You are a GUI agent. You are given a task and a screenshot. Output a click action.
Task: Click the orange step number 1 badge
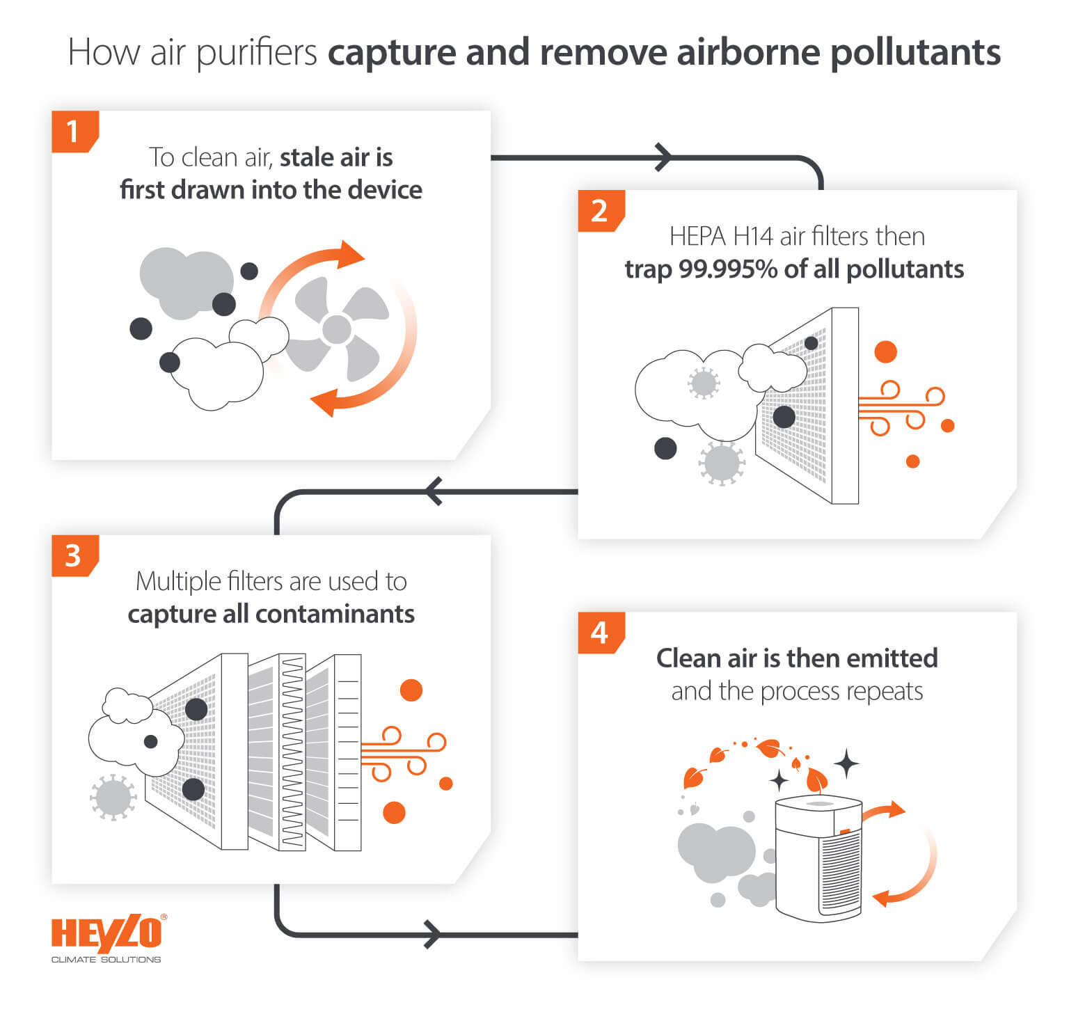tap(73, 131)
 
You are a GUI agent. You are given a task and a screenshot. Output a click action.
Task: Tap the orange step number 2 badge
tap(599, 210)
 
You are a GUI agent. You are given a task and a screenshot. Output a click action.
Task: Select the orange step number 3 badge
tap(73, 555)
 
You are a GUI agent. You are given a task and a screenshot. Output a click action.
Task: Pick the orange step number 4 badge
tap(599, 633)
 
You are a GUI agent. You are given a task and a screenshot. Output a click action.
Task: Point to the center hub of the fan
tap(337, 329)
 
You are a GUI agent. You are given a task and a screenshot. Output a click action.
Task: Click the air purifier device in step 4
tap(818, 859)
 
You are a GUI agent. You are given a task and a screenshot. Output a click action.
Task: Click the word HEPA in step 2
tap(698, 237)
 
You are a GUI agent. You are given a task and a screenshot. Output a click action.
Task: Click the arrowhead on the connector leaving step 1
tap(664, 157)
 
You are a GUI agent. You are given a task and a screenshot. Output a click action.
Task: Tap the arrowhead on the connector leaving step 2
tap(434, 491)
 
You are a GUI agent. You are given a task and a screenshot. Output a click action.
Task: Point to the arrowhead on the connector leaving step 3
tap(431, 934)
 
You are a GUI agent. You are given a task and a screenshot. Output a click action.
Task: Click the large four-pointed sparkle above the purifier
tap(846, 763)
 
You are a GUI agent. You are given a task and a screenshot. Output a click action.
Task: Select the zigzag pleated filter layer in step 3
tap(292, 752)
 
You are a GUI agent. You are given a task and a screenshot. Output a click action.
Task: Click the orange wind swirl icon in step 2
tap(898, 407)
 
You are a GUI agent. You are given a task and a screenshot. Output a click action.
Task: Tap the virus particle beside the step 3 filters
tap(113, 797)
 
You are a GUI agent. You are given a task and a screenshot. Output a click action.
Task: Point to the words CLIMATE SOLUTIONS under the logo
tap(106, 960)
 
